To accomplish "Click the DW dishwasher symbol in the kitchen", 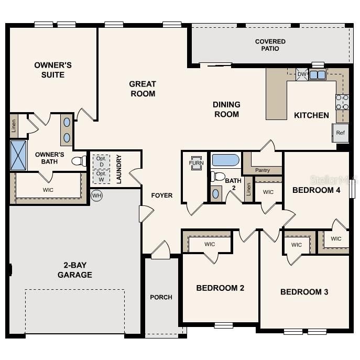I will pos(301,74).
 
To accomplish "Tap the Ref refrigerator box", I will pos(340,133).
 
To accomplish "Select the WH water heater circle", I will pos(96,195).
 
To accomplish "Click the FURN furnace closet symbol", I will pos(196,162).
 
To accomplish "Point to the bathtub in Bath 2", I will pos(225,160).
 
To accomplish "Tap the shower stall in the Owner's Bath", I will pos(18,155).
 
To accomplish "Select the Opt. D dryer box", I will pos(101,161).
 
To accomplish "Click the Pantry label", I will pos(263,170).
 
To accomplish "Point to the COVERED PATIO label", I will pos(270,45).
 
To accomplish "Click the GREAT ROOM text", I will pos(143,89).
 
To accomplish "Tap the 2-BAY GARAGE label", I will pos(75,270).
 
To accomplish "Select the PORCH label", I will pos(161,297).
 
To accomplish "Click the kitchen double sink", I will pos(317,75).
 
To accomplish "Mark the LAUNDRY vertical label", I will pos(119,169).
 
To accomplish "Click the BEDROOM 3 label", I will pos(304,292).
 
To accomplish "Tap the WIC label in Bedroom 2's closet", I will pos(210,244).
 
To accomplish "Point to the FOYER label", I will pos(162,195).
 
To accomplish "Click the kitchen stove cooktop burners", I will pos(342,102).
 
